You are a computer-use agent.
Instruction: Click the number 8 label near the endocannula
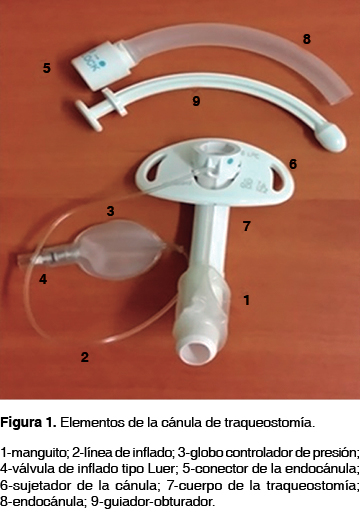(x=307, y=39)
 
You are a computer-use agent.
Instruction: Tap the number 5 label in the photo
(x=47, y=68)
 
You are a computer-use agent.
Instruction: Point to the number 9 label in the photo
(x=196, y=101)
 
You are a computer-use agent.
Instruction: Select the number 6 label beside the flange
(x=293, y=164)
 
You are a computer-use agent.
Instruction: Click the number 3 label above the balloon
(x=110, y=211)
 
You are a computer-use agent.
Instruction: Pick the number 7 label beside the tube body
(x=246, y=226)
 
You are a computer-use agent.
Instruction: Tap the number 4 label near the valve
(x=43, y=279)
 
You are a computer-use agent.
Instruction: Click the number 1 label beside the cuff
(x=247, y=300)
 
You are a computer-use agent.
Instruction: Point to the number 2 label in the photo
(x=85, y=357)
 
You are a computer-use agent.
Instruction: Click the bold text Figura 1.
(x=28, y=423)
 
